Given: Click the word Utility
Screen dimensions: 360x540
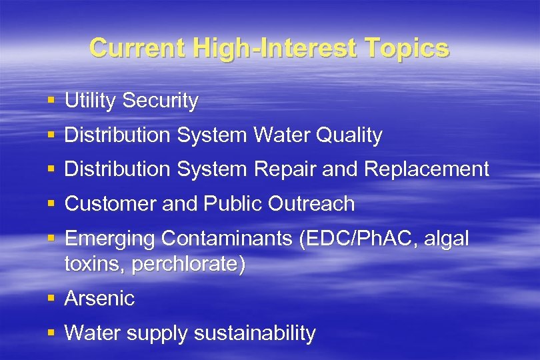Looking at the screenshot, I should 91,101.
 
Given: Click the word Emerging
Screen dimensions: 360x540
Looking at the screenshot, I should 109,239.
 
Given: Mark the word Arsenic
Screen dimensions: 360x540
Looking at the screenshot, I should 99,299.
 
